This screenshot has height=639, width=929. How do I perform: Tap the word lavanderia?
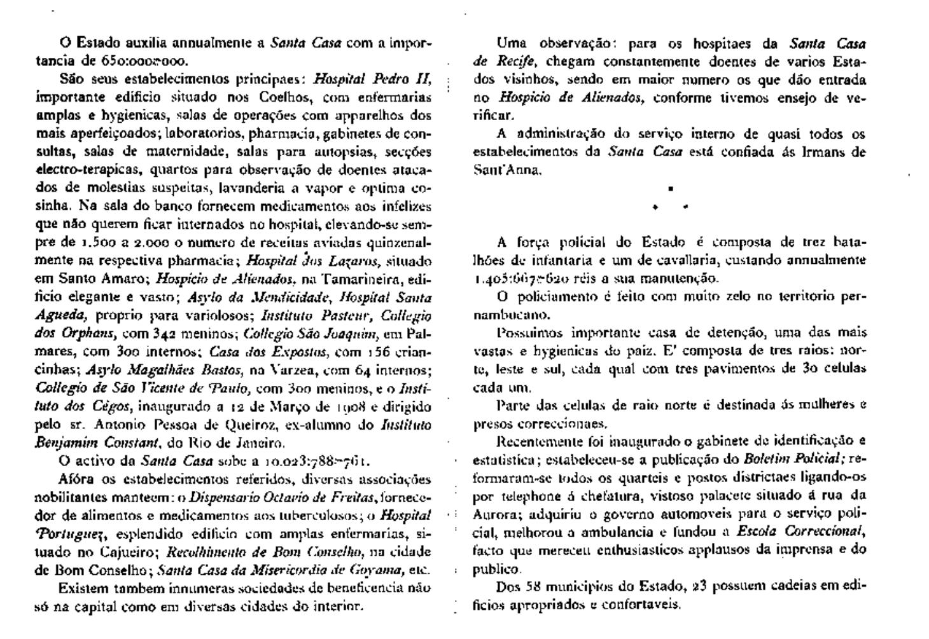[x=251, y=189]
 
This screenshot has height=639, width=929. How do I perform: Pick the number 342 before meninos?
[x=165, y=333]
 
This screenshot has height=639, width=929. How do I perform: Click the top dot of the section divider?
[x=670, y=189]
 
